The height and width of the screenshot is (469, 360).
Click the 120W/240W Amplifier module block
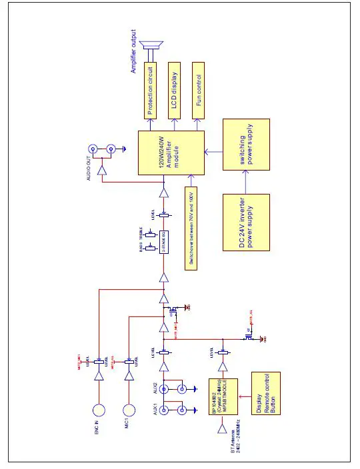(x=171, y=153)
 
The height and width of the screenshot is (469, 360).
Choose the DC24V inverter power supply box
(x=246, y=223)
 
